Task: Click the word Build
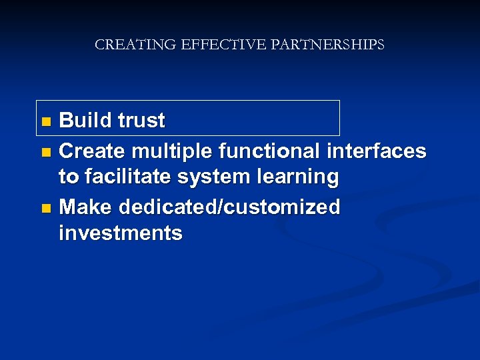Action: pos(85,121)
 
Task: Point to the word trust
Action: pos(141,121)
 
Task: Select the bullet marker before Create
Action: pos(45,153)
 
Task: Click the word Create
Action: pos(90,151)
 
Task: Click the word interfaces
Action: pos(377,151)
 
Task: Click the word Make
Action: pos(86,207)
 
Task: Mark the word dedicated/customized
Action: pos(229,207)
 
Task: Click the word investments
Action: pos(121,233)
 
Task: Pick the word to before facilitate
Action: pos(68,178)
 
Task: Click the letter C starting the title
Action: pos(100,45)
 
